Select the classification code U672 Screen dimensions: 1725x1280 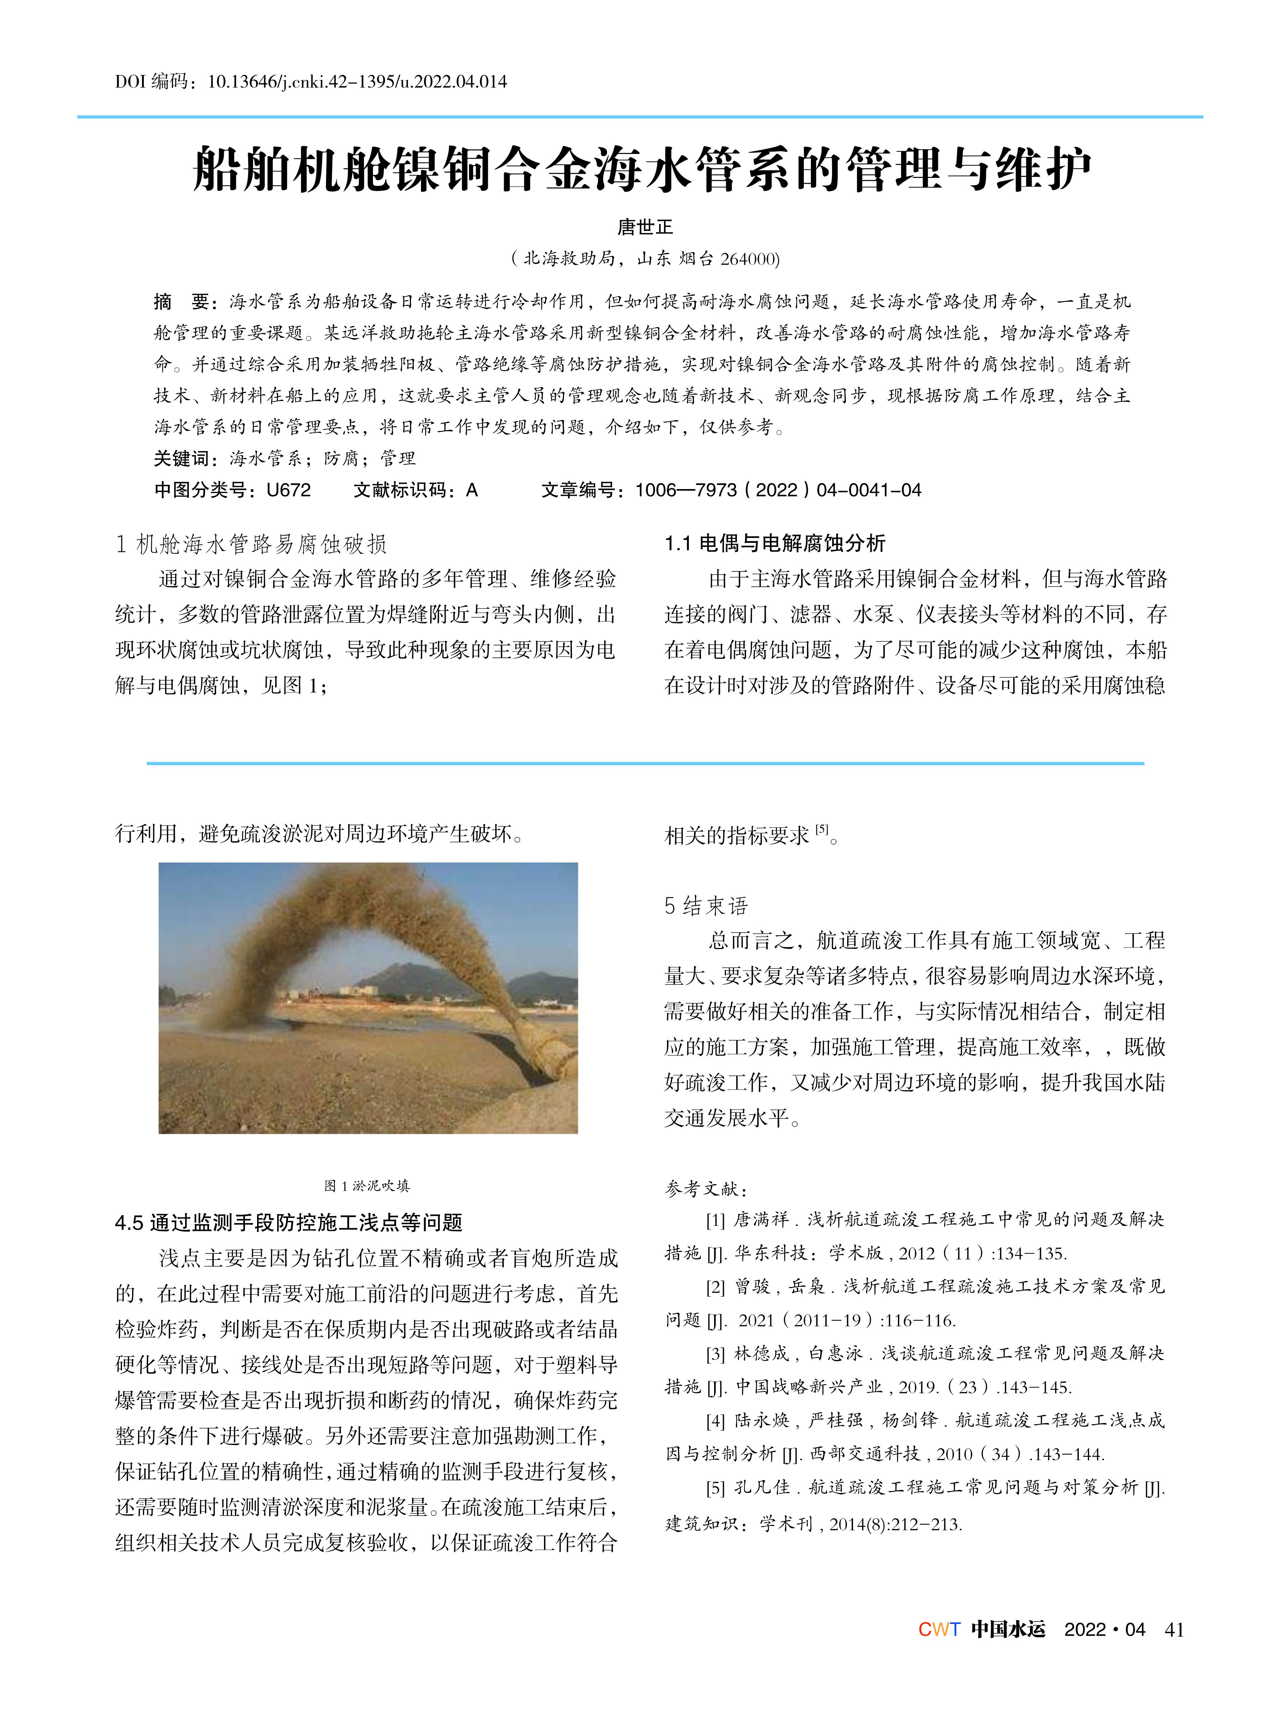click(288, 490)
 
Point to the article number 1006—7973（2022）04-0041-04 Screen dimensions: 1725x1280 click(778, 490)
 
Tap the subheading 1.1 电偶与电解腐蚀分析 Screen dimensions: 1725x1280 click(775, 543)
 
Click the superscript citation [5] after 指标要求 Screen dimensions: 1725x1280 click(822, 830)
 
